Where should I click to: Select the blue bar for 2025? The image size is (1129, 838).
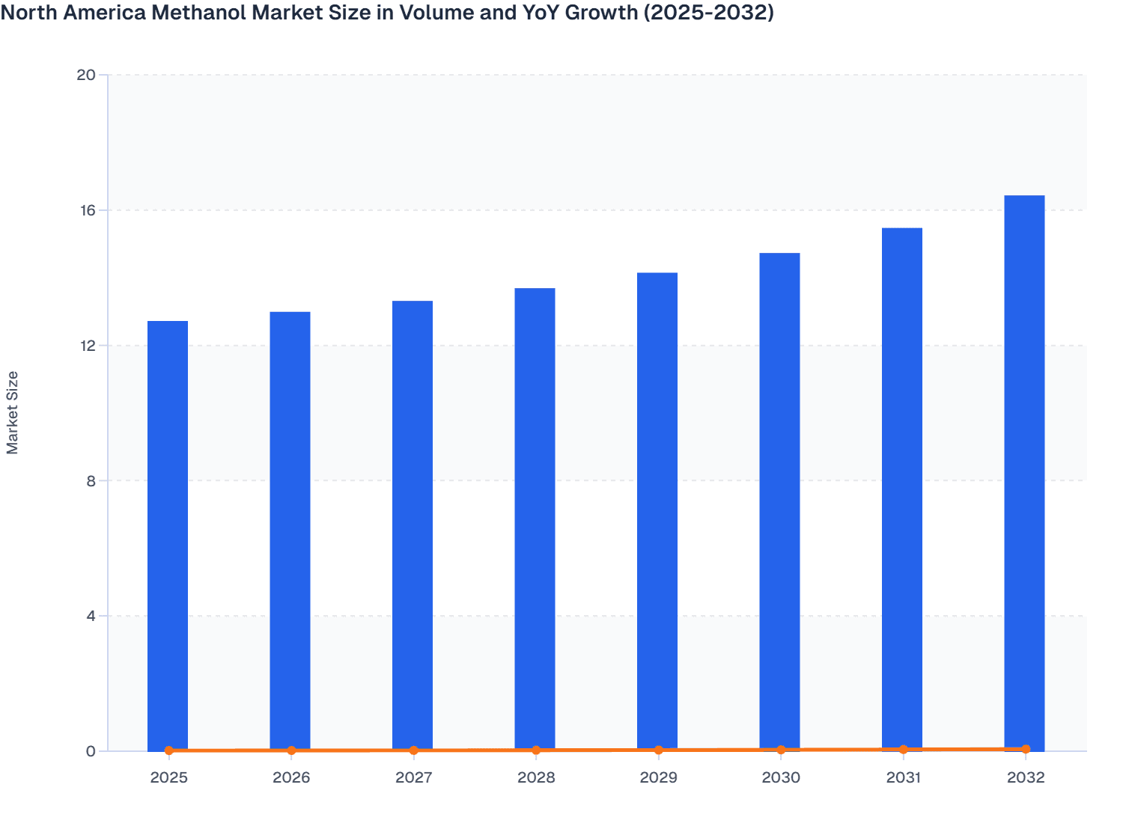coord(168,535)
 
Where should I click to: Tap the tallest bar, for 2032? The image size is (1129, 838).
coord(1024,473)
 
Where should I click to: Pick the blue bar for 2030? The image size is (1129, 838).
coord(779,501)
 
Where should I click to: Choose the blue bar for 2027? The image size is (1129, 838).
coord(413,525)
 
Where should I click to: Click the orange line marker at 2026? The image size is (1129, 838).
coord(291,750)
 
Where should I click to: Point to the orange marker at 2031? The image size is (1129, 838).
coord(903,749)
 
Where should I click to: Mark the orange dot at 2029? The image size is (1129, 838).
coord(658,750)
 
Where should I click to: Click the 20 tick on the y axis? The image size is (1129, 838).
coord(86,75)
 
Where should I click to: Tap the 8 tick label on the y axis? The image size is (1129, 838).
coord(91,481)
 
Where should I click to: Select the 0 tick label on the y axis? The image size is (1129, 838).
coord(91,751)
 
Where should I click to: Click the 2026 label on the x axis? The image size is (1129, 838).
coord(291,777)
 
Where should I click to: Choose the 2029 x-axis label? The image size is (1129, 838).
coord(658,777)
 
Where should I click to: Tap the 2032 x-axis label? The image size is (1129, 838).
coord(1025,777)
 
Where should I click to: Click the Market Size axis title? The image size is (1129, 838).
coord(12,413)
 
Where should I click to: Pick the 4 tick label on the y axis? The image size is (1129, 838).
coord(91,617)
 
